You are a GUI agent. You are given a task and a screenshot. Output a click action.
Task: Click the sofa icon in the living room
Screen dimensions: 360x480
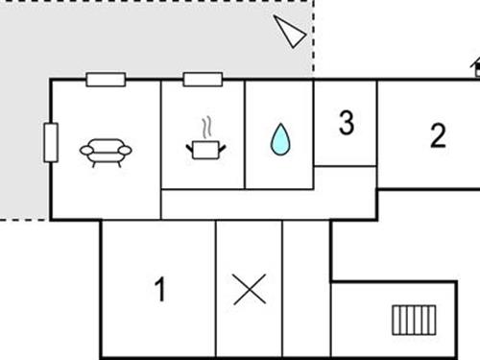tap(106, 151)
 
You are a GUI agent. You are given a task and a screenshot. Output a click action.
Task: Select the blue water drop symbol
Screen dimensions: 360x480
tap(279, 140)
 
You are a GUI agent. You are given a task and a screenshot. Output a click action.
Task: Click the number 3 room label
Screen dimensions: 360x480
tap(346, 123)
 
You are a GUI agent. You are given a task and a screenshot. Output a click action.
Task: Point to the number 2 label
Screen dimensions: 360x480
tap(438, 135)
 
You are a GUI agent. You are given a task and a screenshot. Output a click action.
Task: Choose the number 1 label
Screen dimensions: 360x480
tap(160, 288)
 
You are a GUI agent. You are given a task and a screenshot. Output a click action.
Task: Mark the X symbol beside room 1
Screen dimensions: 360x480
tap(250, 288)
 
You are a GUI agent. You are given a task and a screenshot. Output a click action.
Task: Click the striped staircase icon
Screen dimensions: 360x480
tap(413, 318)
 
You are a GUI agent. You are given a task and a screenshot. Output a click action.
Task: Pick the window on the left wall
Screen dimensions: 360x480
tap(51, 142)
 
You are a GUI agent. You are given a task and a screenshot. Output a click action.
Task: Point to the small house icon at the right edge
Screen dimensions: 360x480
tap(475, 67)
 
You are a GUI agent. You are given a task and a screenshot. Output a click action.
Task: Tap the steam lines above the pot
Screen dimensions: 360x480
tap(205, 129)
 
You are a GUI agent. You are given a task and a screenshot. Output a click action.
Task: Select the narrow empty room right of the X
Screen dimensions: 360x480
tap(306, 288)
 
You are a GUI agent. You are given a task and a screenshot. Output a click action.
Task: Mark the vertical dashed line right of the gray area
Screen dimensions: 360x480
tap(314, 38)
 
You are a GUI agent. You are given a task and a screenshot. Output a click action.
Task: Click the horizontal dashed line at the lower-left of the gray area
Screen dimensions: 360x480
tap(24, 220)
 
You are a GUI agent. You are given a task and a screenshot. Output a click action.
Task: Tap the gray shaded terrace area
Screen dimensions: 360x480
tap(144, 38)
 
